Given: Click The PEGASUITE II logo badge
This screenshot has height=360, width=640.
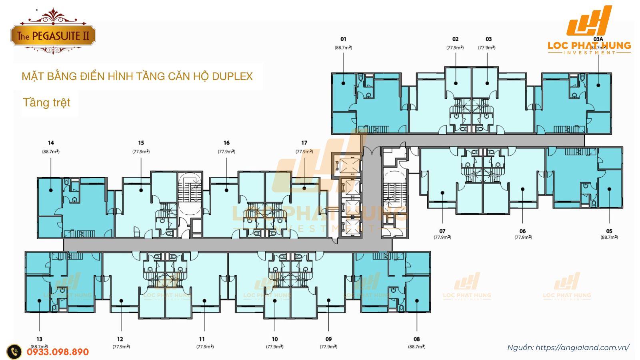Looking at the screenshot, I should coord(53,36).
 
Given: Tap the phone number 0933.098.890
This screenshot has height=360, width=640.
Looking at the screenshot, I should coord(58,352).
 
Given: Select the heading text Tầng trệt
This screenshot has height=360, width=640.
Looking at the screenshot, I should coord(46,103).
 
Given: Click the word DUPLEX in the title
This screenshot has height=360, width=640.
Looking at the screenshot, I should coord(232,76).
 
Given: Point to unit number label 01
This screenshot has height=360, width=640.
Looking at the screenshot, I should coord(343,39).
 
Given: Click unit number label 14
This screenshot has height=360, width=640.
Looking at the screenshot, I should coord(51,143).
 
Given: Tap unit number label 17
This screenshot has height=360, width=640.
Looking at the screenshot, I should coord(304,143).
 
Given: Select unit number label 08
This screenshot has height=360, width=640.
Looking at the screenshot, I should coord(417,339).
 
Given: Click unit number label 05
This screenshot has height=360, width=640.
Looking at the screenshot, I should coord(609,231).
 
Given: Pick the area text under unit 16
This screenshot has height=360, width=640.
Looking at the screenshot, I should coord(226,152).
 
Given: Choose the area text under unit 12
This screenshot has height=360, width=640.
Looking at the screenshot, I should coord(121,347).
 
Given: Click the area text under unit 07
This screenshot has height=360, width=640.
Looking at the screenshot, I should coord(442,237).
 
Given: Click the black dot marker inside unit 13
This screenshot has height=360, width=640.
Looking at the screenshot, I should coord(40,301).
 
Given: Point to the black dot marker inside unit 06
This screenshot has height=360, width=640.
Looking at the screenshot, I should coord(523,189).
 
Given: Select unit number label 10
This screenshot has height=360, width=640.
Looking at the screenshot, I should coord(275,339).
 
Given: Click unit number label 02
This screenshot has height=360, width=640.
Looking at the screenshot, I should coord(455,39).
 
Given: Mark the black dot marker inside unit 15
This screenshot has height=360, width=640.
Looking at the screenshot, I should coord(141,190).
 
